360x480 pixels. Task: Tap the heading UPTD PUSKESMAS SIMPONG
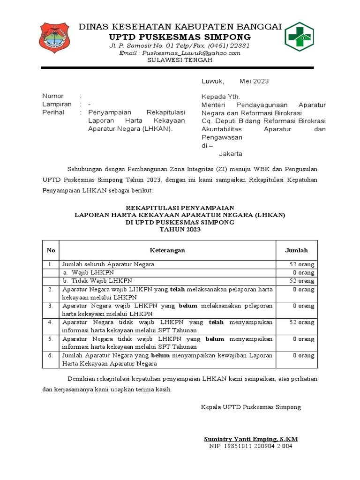[x=180, y=37]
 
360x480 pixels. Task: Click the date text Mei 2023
[x=254, y=81]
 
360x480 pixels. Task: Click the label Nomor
[x=52, y=96]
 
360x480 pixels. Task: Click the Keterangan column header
[x=167, y=250]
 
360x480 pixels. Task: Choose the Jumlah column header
[x=296, y=250]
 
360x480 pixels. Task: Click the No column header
[x=51, y=250]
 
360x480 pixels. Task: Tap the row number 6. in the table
[x=51, y=356]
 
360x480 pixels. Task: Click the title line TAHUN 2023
[x=180, y=230]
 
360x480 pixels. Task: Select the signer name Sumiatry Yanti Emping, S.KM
[x=251, y=439]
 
